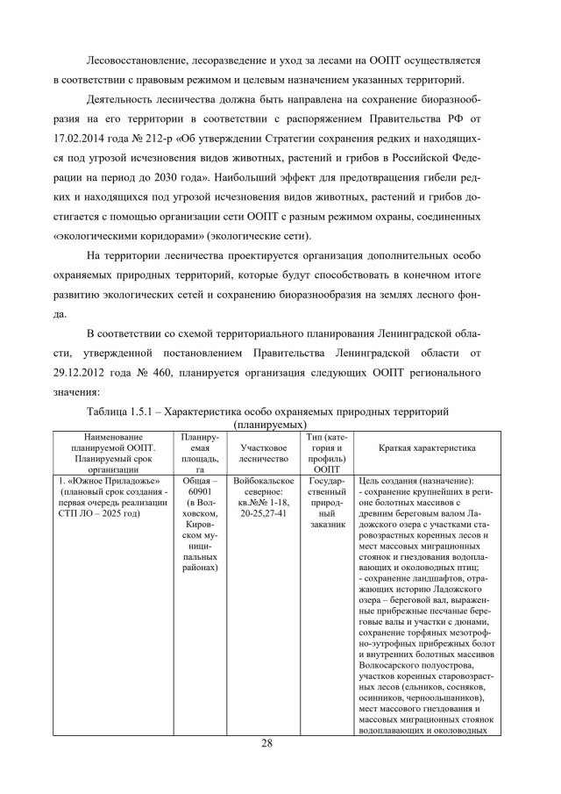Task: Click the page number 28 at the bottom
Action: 280,744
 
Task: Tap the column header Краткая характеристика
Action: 427,447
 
